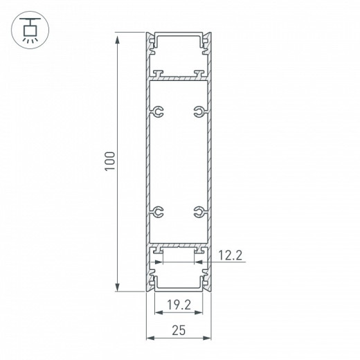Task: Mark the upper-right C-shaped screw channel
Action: (x=199, y=111)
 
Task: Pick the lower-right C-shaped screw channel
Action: (x=199, y=212)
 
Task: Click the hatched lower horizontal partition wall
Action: (x=179, y=244)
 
